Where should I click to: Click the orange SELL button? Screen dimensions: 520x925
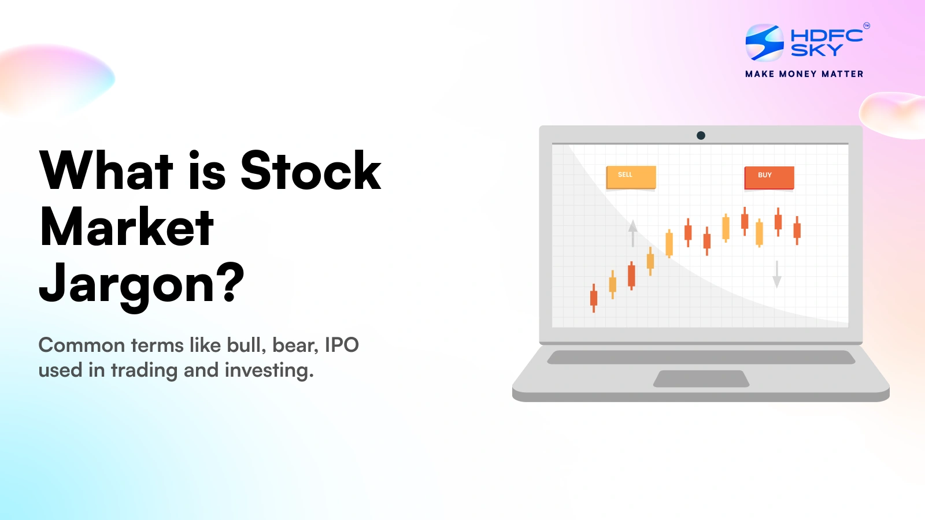point(631,177)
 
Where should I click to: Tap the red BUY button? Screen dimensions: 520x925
point(769,177)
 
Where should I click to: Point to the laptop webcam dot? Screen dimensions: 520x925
point(701,135)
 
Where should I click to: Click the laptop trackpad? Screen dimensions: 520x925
point(701,378)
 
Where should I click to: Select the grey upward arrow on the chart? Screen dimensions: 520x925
point(633,232)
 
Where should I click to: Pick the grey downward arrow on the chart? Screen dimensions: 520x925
point(777,274)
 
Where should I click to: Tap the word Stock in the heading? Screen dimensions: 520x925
point(310,170)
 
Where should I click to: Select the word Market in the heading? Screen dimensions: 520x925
point(127,227)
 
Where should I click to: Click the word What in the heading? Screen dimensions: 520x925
point(106,170)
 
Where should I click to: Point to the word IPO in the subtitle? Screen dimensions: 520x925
point(342,345)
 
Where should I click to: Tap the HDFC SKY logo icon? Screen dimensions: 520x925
point(764,42)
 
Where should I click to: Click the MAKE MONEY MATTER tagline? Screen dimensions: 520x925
point(804,74)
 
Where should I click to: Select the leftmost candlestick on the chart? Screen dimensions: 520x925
point(593,298)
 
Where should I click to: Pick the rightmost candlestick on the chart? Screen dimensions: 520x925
point(797,230)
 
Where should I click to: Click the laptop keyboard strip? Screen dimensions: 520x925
point(701,357)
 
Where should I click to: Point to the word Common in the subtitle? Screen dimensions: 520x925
point(82,345)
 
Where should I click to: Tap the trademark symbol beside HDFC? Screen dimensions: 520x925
point(866,25)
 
